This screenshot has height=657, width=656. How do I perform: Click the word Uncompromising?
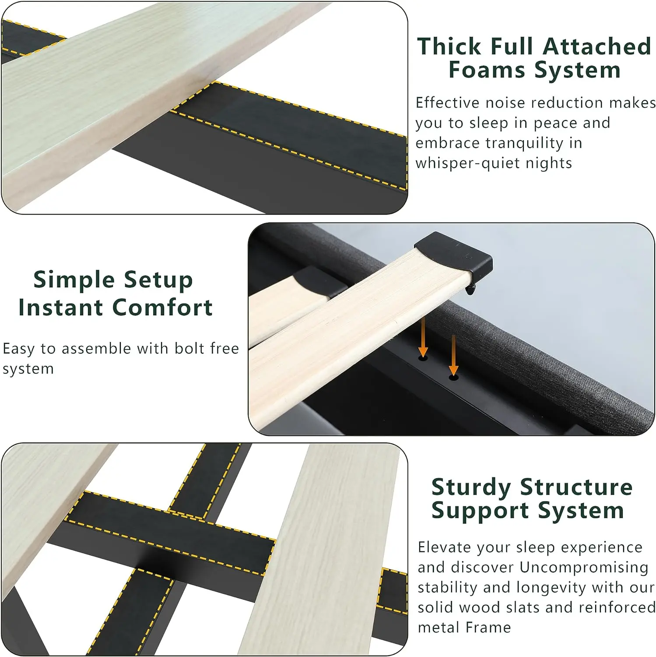[x=584, y=568]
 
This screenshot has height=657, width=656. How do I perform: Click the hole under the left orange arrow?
[x=423, y=358]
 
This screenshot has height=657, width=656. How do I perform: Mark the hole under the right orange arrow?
[x=454, y=377]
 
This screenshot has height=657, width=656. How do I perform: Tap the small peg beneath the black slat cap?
[x=470, y=290]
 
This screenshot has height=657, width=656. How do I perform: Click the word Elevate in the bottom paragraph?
[x=445, y=547]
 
